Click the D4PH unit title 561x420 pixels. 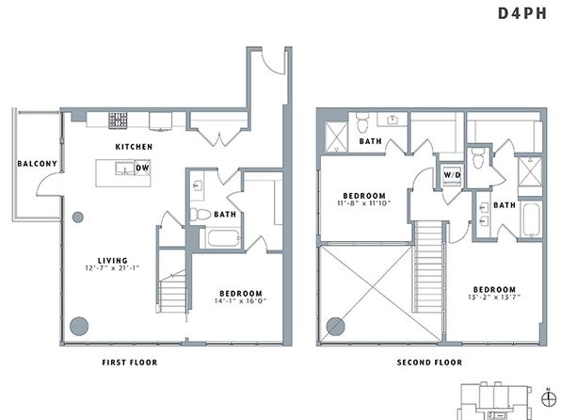[x=522, y=13]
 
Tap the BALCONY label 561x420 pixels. [x=38, y=164]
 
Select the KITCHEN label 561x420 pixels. [x=134, y=147]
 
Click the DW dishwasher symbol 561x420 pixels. [x=142, y=168]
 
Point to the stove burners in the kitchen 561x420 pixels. [x=118, y=121]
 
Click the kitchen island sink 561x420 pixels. [x=124, y=168]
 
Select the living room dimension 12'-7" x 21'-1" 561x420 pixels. [x=112, y=267]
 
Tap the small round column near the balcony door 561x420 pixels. [x=78, y=217]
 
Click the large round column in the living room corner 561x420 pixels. [x=79, y=326]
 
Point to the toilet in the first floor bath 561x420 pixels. [x=200, y=215]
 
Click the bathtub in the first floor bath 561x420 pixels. [x=224, y=237]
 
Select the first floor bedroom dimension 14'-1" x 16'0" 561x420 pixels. [x=241, y=301]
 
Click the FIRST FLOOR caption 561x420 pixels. [x=130, y=363]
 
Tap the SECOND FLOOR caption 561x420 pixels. [x=429, y=363]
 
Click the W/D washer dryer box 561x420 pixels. [x=452, y=175]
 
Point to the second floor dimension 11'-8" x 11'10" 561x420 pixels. [x=364, y=203]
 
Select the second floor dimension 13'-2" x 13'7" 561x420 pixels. [x=494, y=297]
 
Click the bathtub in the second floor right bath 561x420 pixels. [x=531, y=219]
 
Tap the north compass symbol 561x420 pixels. [x=548, y=398]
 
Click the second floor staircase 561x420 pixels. [x=428, y=267]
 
